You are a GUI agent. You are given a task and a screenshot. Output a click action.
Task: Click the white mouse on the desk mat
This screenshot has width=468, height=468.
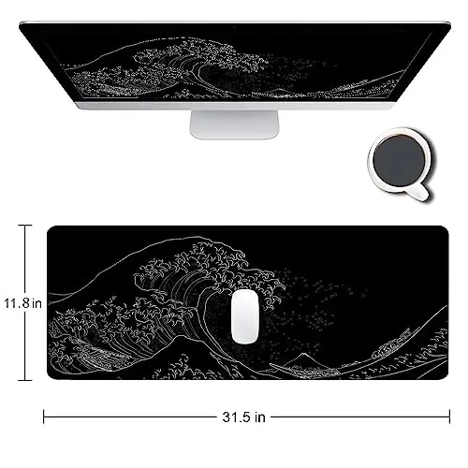pos(245,314)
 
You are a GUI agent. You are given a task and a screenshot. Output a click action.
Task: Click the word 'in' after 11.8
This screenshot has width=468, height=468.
pos(37,303)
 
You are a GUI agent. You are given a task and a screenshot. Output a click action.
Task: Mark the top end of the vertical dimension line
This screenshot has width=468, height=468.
pos(25,226)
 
